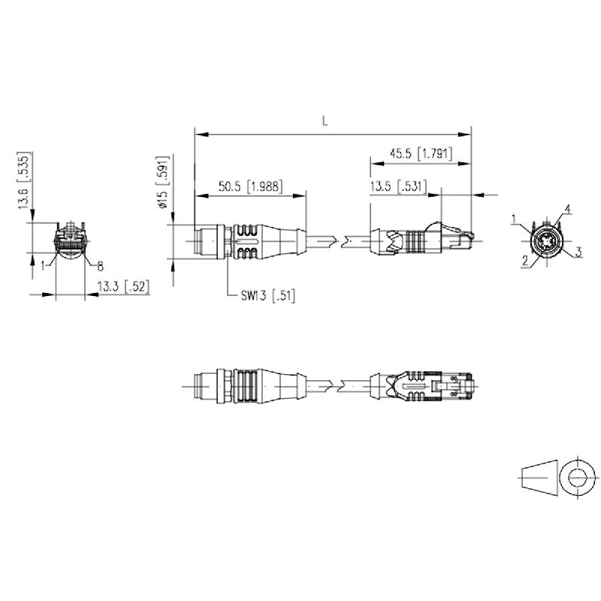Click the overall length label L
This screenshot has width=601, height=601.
[325, 120]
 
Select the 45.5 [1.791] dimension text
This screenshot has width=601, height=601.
[420, 153]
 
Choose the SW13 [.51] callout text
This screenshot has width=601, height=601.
[268, 296]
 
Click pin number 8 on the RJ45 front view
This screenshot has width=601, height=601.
[100, 264]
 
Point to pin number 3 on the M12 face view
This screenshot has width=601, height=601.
[579, 251]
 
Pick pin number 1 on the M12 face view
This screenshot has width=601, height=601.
[515, 219]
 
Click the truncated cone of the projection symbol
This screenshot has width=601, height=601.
[539, 476]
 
